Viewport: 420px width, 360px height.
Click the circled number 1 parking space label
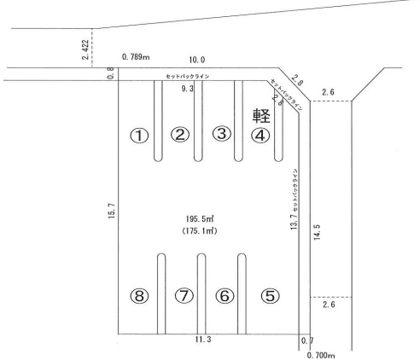click(139, 135)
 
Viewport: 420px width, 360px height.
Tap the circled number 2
click(179, 134)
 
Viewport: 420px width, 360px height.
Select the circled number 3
click(221, 134)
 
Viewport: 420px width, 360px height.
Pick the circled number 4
click(261, 134)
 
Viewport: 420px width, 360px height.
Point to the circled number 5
click(269, 296)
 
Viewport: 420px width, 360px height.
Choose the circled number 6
click(225, 296)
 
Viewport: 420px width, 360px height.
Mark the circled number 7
click(183, 296)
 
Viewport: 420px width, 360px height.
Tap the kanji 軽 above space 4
click(261, 114)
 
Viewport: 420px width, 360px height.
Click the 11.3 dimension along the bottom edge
click(201, 341)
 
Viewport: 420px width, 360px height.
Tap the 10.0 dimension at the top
click(197, 60)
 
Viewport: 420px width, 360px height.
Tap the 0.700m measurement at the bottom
click(320, 355)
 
